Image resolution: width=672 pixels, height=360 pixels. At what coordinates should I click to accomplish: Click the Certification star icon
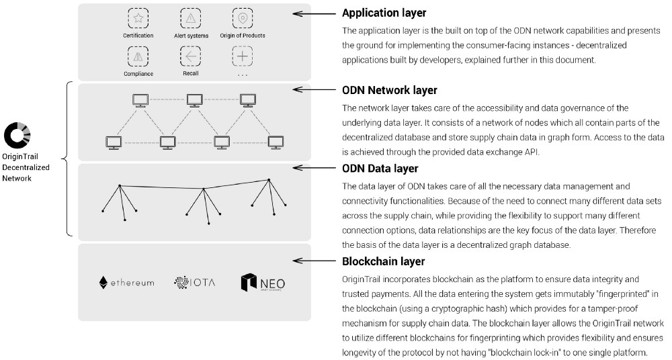[138, 18]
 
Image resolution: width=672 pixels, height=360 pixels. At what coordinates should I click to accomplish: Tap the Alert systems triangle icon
[191, 18]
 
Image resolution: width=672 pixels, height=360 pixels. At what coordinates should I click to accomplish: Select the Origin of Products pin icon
[243, 18]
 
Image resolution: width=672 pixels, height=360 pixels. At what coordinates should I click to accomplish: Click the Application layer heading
[384, 13]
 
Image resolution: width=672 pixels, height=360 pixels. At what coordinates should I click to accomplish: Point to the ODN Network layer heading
[390, 90]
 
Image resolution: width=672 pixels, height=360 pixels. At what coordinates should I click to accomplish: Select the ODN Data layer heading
[380, 169]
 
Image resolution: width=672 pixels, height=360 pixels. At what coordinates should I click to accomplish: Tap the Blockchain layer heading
[383, 261]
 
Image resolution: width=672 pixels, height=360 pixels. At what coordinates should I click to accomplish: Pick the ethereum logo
[126, 282]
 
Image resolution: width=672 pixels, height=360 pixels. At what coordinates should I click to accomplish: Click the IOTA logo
[194, 283]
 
